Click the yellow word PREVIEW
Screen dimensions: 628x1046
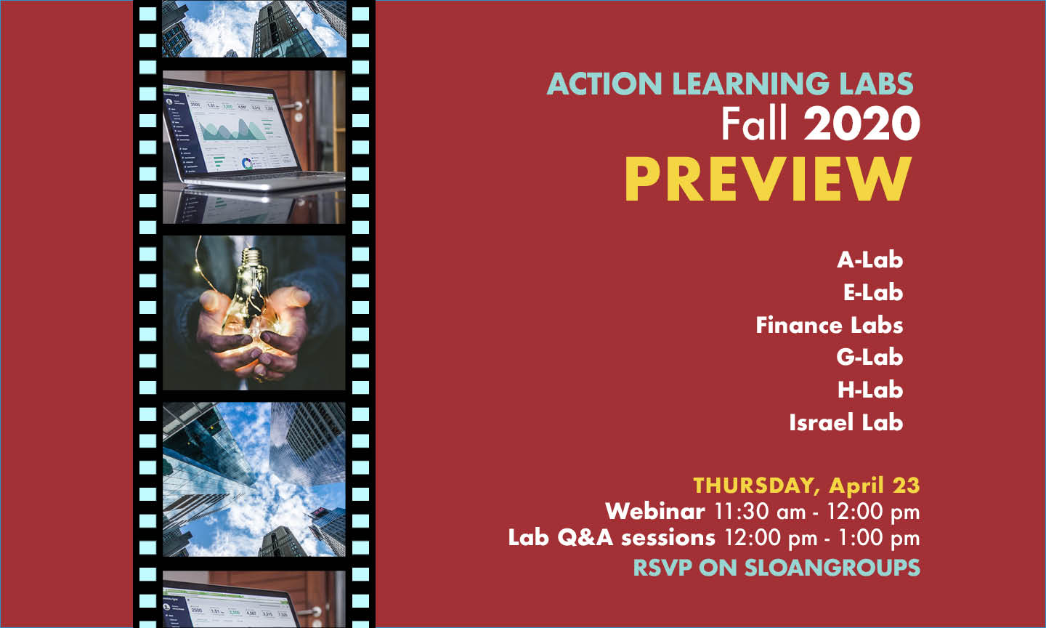tap(768, 180)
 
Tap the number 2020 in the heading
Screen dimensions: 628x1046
tap(861, 124)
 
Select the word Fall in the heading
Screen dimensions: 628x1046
tap(754, 124)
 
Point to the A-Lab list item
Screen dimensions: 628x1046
tap(869, 259)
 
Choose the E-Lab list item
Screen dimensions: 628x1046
tap(872, 292)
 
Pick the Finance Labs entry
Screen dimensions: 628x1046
tap(829, 325)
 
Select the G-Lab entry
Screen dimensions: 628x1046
tap(869, 357)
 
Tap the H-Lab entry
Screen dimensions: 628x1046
tap(870, 390)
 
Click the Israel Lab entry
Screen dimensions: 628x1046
tap(846, 422)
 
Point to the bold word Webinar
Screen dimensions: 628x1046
tap(655, 511)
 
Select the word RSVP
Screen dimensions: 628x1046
tap(662, 568)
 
